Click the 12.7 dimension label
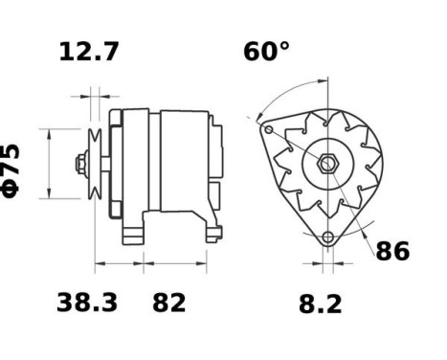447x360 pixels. pyautogui.click(x=89, y=52)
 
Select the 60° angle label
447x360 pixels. pyautogui.click(x=265, y=52)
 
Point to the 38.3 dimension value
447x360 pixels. pyautogui.click(x=87, y=304)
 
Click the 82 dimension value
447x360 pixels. pyautogui.click(x=169, y=304)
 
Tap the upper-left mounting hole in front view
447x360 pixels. pyautogui.click(x=270, y=129)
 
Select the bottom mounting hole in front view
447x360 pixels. pyautogui.click(x=328, y=236)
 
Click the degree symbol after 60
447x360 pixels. pyautogui.click(x=283, y=45)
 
